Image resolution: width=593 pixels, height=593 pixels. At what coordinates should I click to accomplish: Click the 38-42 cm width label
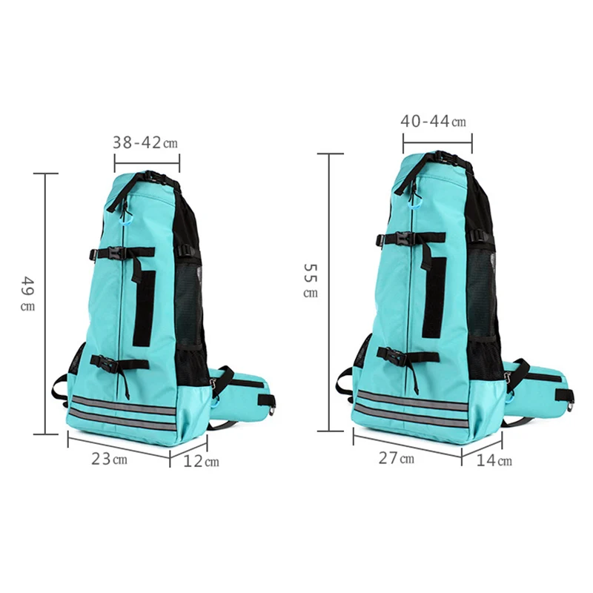145,142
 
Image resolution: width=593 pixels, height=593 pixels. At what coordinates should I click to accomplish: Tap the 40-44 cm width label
433,122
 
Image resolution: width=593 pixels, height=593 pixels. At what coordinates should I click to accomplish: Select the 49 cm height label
28,294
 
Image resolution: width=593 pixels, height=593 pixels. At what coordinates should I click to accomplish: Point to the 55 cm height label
311,281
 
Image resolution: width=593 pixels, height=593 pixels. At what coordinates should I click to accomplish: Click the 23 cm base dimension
109,459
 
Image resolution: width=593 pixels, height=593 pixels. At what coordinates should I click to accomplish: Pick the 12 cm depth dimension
201,461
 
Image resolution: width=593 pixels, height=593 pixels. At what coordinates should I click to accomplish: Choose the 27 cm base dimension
397,458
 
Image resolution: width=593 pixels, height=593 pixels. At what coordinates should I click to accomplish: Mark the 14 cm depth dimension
494,460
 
